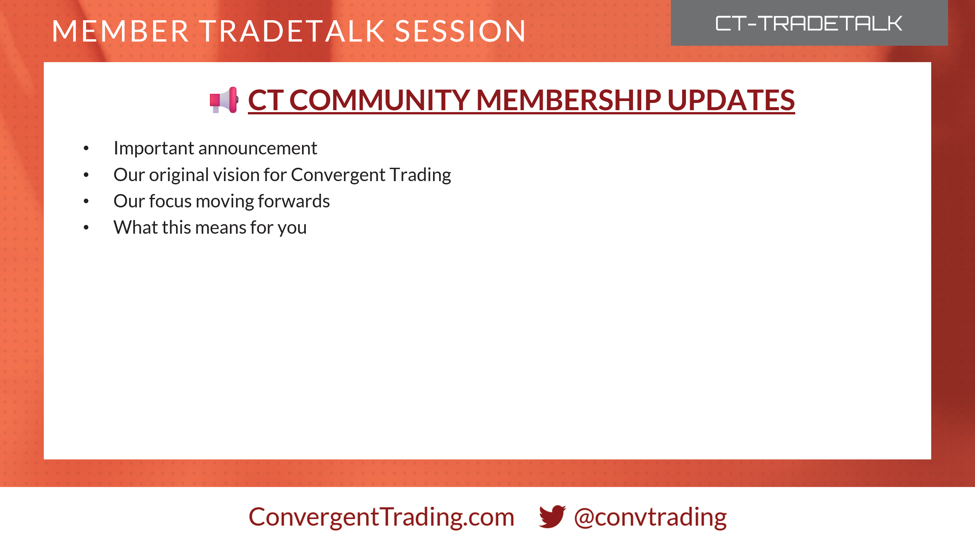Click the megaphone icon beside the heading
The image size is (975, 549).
coord(224,100)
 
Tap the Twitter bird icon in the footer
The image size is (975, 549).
coord(552,517)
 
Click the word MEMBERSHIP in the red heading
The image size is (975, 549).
coord(569,100)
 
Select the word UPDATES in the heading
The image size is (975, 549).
coord(731,100)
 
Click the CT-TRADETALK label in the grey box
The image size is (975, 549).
coord(809,24)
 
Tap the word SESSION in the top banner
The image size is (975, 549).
coord(460,31)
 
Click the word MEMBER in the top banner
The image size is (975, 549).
coord(120,31)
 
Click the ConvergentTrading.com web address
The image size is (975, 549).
coord(381,517)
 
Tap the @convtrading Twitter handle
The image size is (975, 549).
coord(650,517)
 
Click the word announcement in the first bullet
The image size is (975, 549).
coord(258,148)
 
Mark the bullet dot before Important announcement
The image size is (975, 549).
coord(86,148)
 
